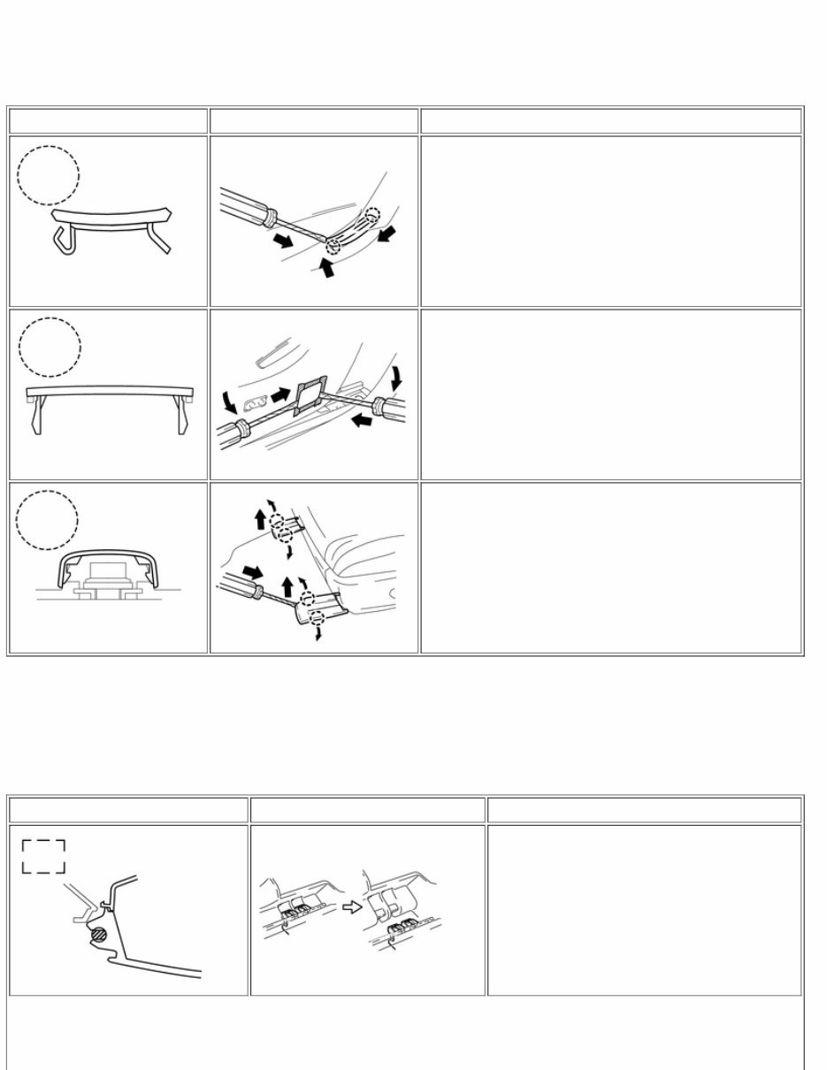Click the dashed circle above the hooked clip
point(48,175)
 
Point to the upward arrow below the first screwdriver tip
point(326,268)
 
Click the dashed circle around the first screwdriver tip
point(333,246)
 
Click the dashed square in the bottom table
point(42,856)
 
